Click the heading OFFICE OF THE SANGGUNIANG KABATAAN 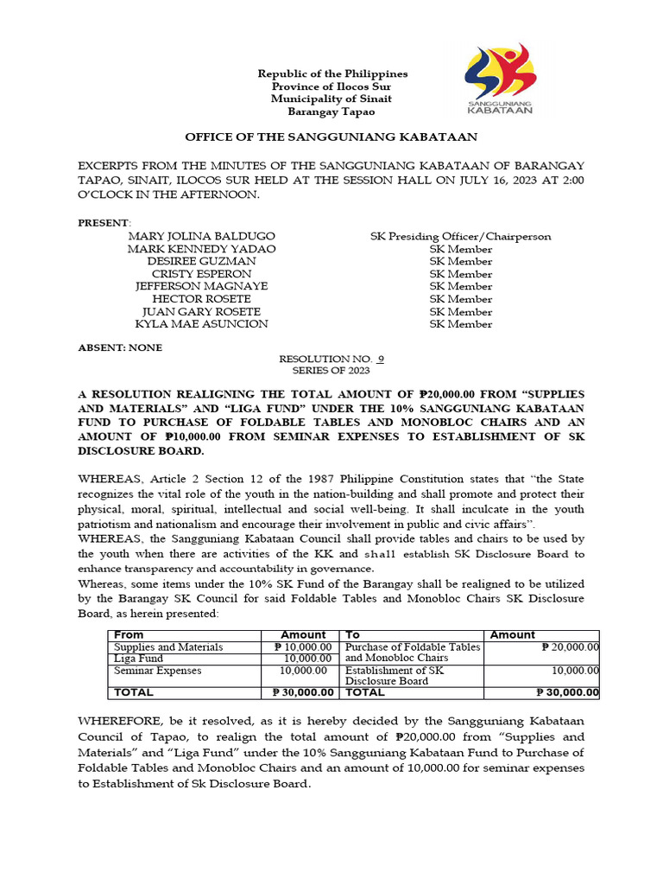(x=332, y=137)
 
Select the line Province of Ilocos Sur (x=332, y=86)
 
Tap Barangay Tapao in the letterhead (x=332, y=111)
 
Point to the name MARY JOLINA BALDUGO (x=202, y=236)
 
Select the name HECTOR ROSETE (x=202, y=299)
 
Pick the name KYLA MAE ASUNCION (x=202, y=324)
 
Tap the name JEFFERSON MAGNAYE (x=202, y=286)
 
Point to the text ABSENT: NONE (x=120, y=347)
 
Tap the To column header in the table (x=353, y=634)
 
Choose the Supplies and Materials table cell (x=168, y=646)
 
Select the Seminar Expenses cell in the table (x=156, y=670)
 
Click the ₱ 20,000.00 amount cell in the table (x=570, y=646)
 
